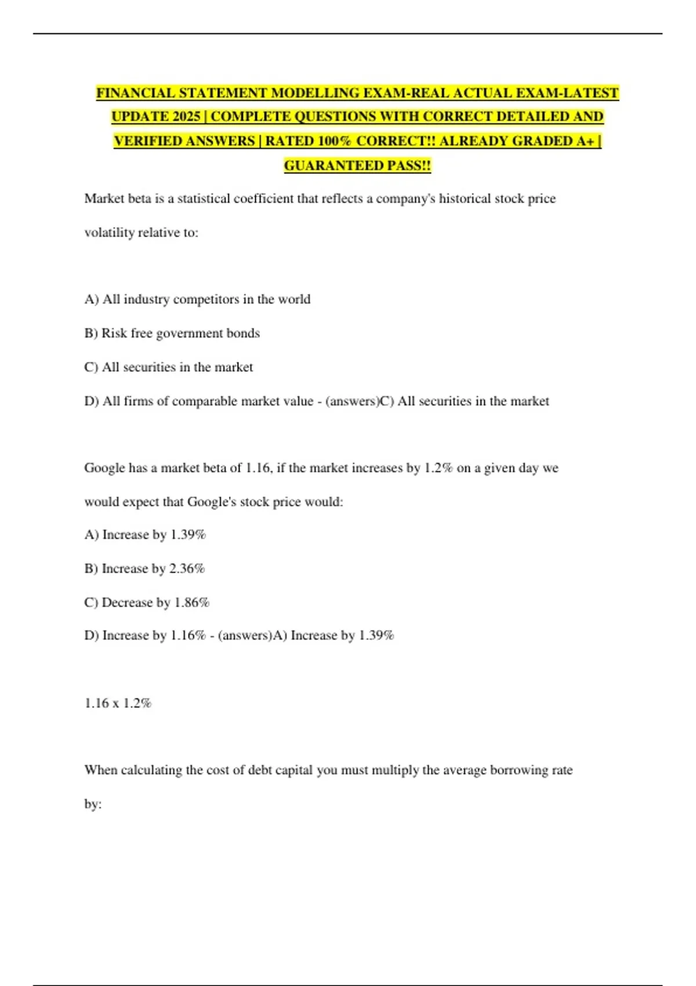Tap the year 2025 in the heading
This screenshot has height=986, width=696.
point(186,117)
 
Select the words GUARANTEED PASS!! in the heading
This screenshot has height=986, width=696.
point(357,165)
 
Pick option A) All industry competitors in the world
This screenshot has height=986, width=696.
point(197,299)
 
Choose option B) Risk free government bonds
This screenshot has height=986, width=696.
point(172,333)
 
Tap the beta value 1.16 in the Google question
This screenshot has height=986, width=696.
point(258,467)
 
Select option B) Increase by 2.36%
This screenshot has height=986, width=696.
point(144,568)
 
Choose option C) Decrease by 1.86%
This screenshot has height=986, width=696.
point(147,602)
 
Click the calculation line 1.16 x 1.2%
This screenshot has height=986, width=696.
point(118,703)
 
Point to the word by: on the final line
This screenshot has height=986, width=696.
point(93,804)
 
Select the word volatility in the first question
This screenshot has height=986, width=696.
point(110,232)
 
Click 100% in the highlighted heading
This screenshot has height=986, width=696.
point(333,141)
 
